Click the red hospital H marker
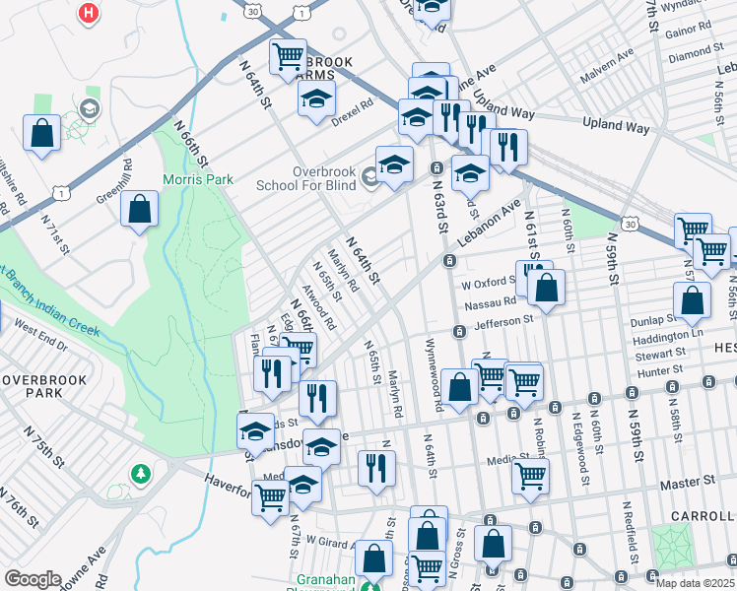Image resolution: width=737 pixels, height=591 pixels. tap(89, 14)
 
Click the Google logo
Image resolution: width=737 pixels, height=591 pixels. tap(33, 579)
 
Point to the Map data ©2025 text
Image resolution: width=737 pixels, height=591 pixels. tap(695, 583)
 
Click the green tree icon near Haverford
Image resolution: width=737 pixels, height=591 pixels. tap(142, 474)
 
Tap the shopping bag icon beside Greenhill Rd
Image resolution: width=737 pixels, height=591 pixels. tap(140, 208)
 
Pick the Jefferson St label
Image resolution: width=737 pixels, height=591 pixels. tap(502, 320)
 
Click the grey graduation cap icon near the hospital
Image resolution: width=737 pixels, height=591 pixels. tap(90, 108)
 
